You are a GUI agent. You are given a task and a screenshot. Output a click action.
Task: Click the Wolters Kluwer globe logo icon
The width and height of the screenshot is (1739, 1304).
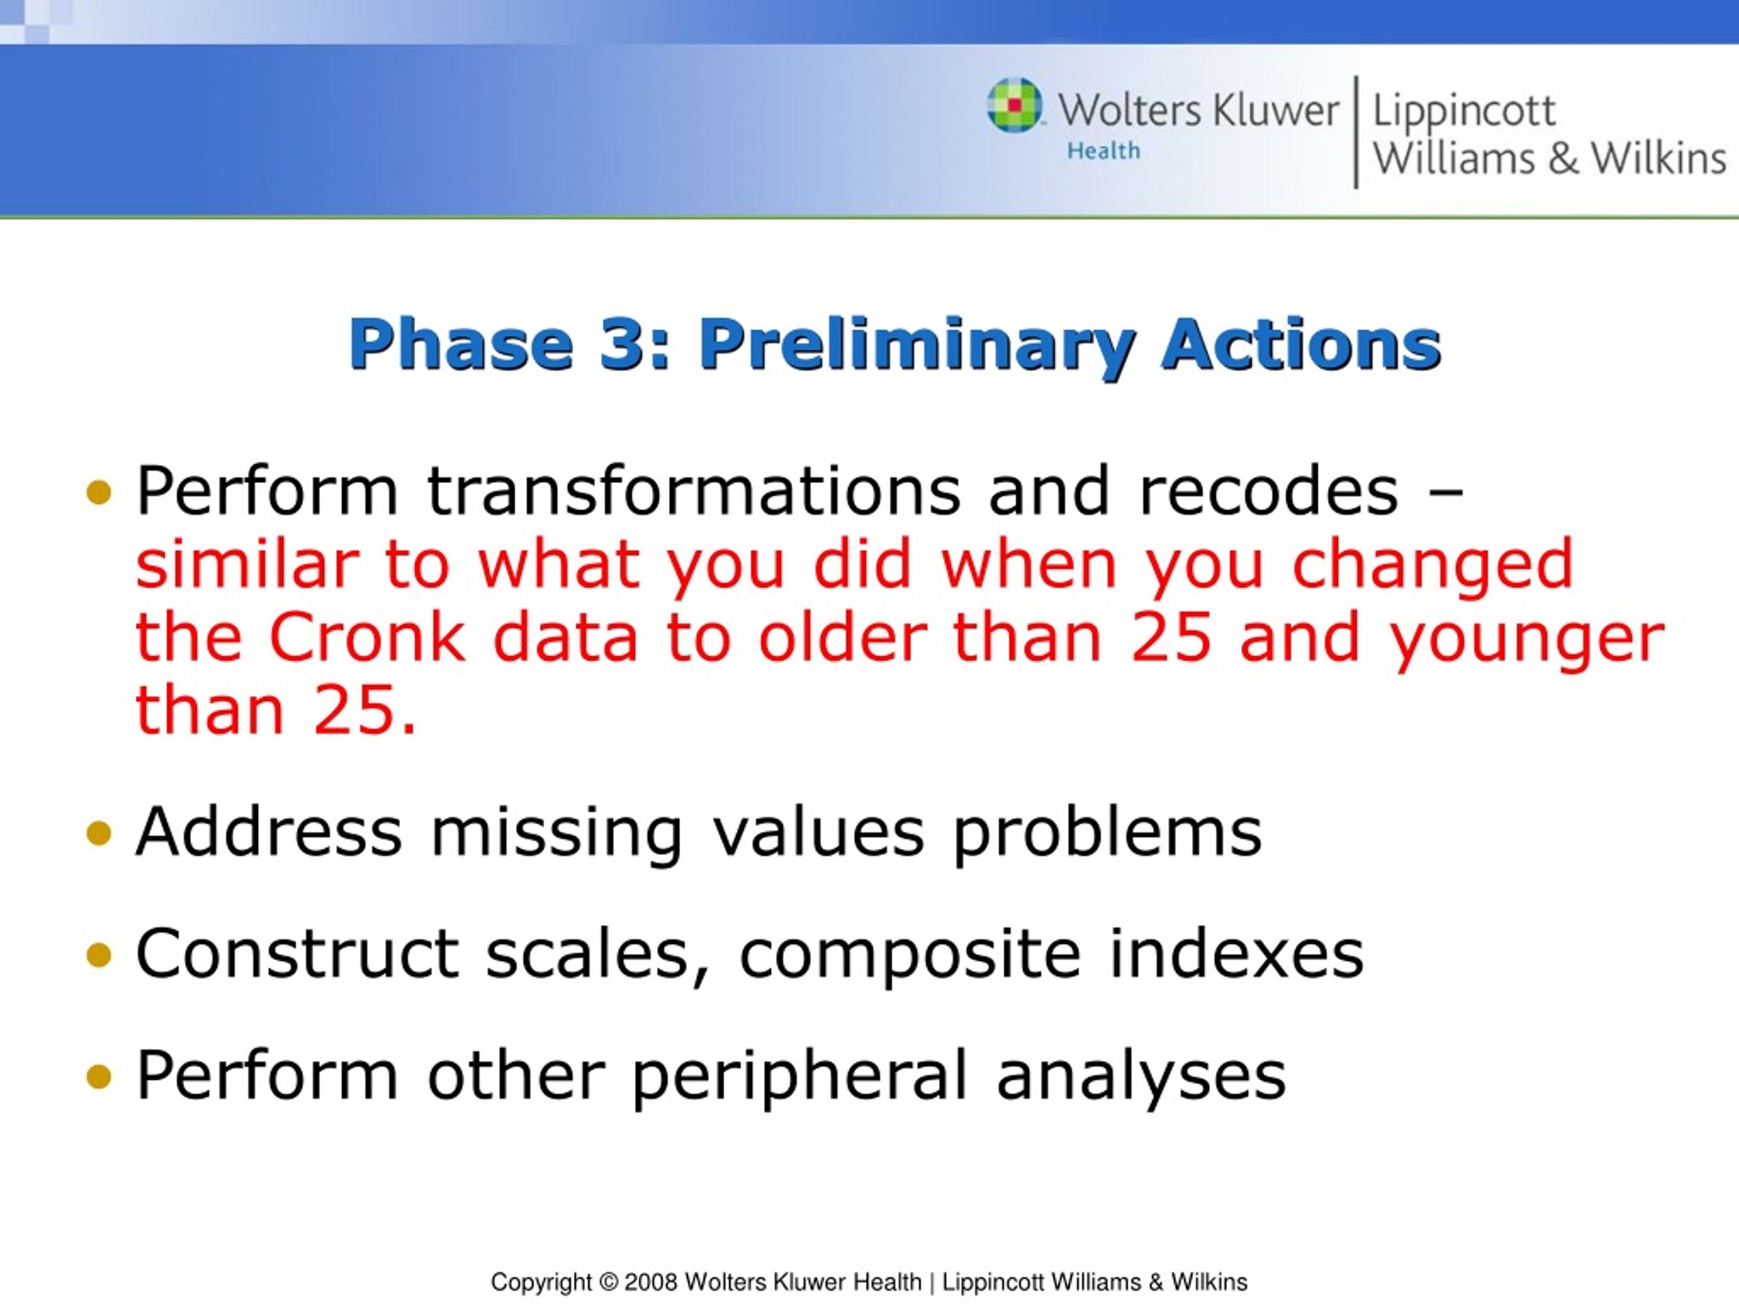click(1014, 105)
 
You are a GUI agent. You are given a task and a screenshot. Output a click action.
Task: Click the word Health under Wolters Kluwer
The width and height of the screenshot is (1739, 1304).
click(1103, 150)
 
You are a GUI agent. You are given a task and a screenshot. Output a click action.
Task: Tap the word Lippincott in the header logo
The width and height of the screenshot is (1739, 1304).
click(1463, 111)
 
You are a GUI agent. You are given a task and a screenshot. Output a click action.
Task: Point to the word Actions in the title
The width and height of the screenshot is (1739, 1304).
click(1300, 344)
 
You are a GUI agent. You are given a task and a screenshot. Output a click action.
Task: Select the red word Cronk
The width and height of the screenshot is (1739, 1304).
click(367, 636)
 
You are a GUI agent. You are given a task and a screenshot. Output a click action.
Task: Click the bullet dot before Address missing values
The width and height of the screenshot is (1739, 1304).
click(99, 833)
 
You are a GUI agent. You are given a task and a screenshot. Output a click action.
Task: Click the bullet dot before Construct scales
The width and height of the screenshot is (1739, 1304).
click(99, 956)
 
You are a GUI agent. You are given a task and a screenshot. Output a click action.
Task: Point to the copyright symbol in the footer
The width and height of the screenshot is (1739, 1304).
click(609, 1282)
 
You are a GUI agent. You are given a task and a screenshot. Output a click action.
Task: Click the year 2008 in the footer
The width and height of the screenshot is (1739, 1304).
click(651, 1282)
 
